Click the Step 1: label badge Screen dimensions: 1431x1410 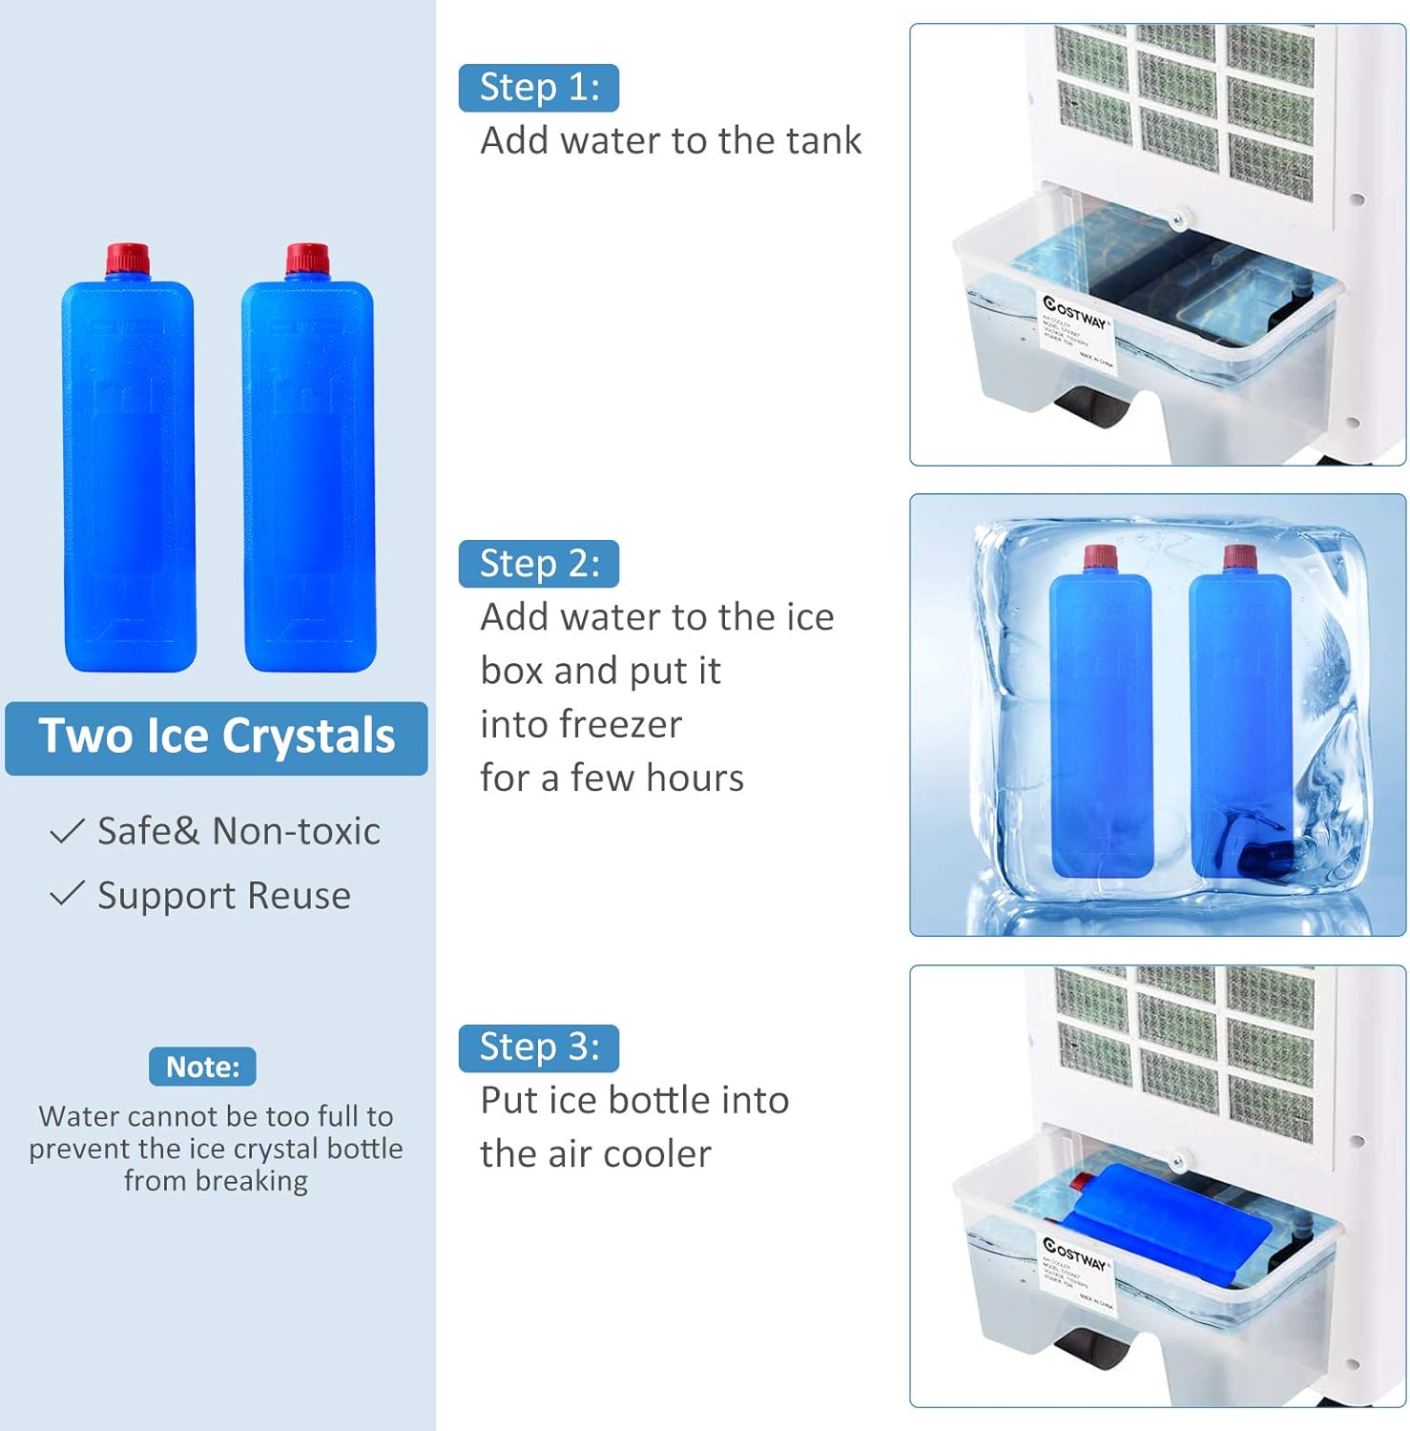tap(538, 88)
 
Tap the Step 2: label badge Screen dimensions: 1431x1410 tap(538, 564)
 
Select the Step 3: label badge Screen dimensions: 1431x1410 tap(538, 1047)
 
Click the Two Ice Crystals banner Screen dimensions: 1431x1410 tap(217, 737)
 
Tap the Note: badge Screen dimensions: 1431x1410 tap(202, 1067)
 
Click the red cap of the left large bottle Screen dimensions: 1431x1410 tap(128, 259)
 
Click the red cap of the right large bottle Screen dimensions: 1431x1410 tap(307, 259)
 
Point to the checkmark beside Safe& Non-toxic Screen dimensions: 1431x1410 tap(67, 831)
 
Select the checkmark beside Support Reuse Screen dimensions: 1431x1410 tap(67, 895)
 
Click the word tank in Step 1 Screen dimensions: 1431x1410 tap(823, 141)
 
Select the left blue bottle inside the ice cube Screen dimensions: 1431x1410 tap(1100, 725)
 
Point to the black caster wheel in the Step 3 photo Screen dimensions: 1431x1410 tap(1092, 1350)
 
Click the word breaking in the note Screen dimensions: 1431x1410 tap(251, 1181)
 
